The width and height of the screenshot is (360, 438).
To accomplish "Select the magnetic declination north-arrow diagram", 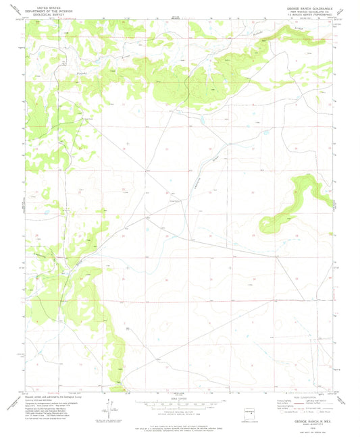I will (106, 408).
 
